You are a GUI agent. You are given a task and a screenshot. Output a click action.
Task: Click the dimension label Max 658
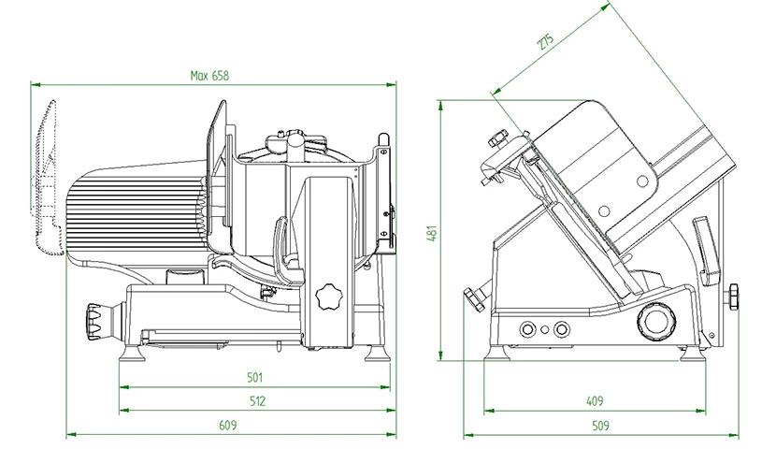(209, 75)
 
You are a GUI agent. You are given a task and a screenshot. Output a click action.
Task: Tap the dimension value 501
(253, 377)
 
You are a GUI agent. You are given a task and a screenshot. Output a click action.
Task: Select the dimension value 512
(259, 401)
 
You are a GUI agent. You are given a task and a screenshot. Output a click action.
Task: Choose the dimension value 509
(601, 426)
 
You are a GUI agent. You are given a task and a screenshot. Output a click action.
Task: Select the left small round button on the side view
(528, 328)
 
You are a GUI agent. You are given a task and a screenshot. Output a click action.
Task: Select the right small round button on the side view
(561, 328)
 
